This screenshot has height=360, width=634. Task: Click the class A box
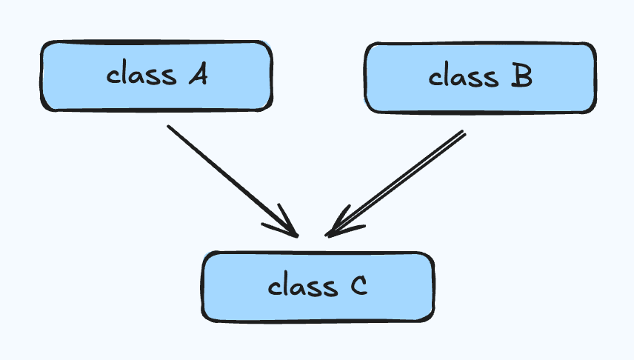tap(156, 76)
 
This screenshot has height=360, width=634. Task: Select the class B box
tap(480, 78)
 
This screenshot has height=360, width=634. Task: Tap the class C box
tap(318, 287)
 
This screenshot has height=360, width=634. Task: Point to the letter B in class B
tap(521, 77)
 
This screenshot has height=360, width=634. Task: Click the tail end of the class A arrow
tap(169, 127)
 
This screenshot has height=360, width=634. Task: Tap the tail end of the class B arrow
tap(464, 133)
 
